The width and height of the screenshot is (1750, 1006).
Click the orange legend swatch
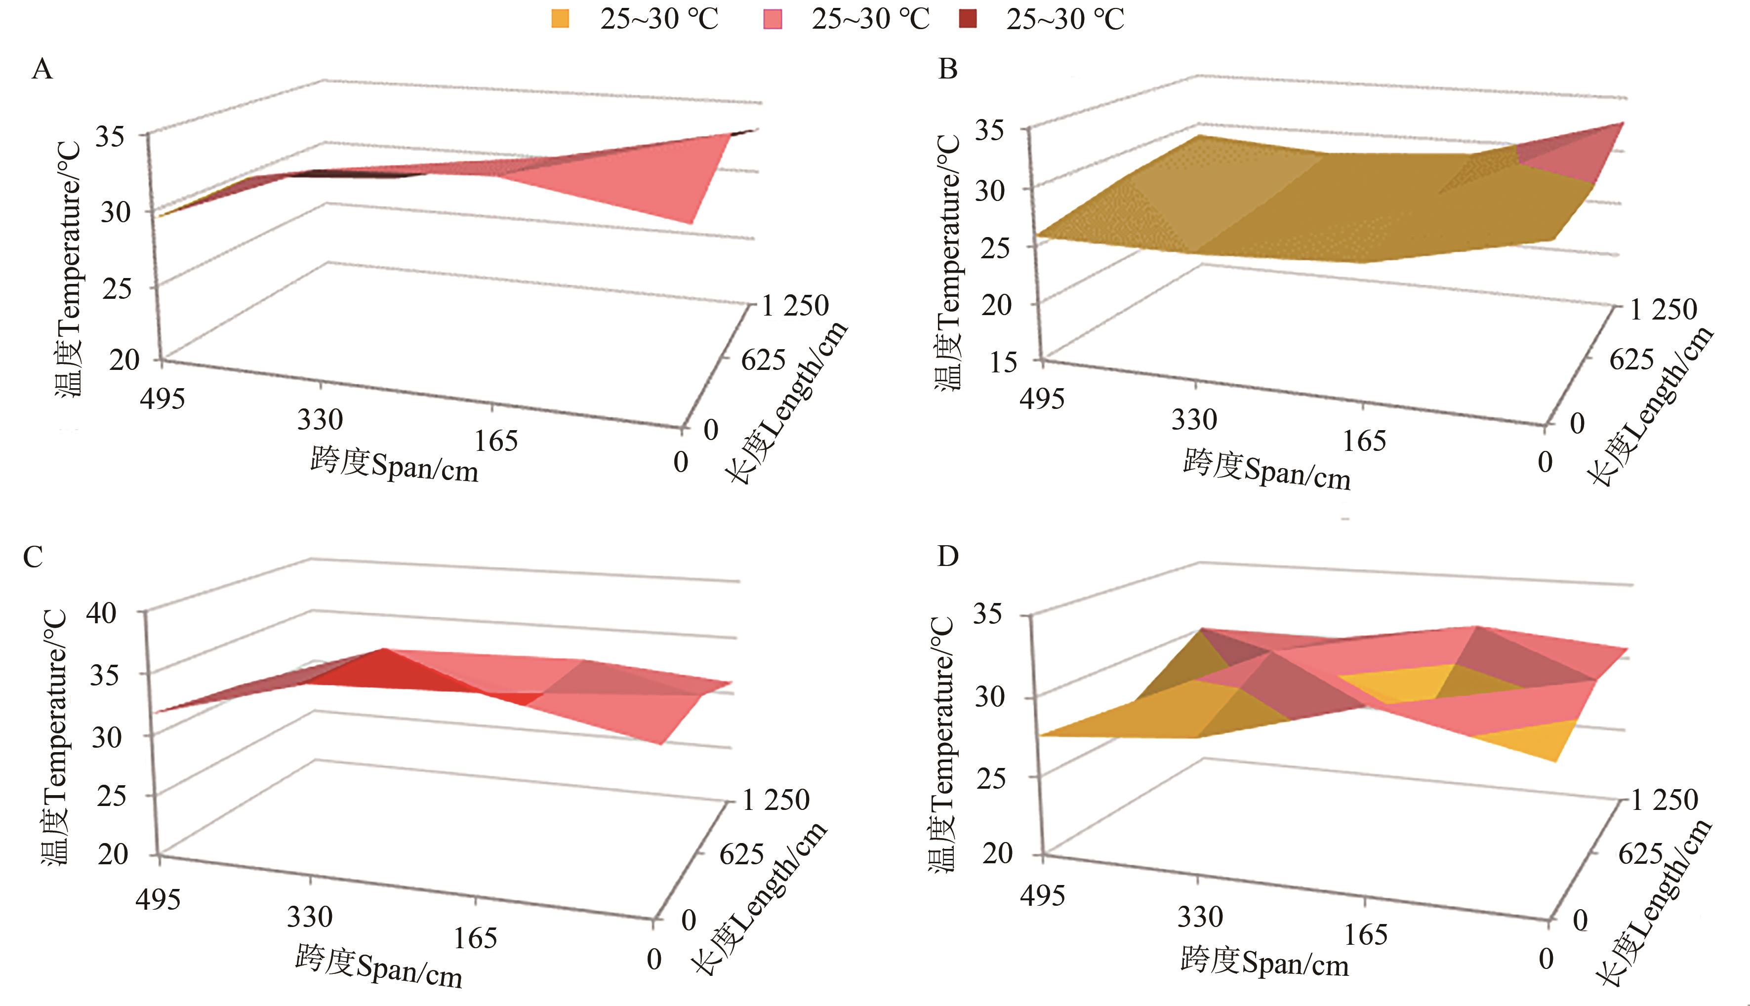click(x=560, y=19)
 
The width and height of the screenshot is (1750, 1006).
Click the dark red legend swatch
click(x=969, y=19)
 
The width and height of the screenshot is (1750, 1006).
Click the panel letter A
click(x=42, y=70)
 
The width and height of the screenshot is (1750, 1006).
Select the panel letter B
click(x=948, y=70)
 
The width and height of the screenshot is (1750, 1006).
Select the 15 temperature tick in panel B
click(x=1003, y=362)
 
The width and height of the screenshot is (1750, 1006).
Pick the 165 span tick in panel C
click(x=475, y=938)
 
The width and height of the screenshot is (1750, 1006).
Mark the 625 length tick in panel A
click(x=764, y=360)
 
